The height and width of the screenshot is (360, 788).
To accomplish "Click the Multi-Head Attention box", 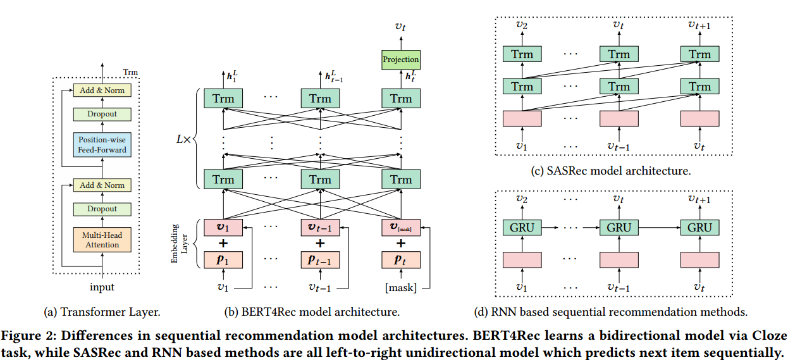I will (102, 240).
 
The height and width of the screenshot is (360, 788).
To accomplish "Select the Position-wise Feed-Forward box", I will (102, 145).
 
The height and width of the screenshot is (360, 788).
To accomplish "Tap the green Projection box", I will (400, 60).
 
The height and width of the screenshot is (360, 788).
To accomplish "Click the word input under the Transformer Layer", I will (102, 287).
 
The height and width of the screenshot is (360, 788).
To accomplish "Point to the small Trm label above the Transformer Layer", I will (130, 72).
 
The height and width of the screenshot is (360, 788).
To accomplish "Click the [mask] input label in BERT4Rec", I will (400, 288).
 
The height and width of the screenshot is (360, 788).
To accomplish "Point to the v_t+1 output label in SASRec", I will (699, 25).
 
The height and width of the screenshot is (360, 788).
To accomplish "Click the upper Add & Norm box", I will (102, 90).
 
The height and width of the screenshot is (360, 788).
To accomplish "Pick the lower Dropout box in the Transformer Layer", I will (102, 209).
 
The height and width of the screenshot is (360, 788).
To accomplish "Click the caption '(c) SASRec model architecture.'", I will (610, 171).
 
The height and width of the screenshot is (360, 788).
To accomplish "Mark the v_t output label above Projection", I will (400, 27).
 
